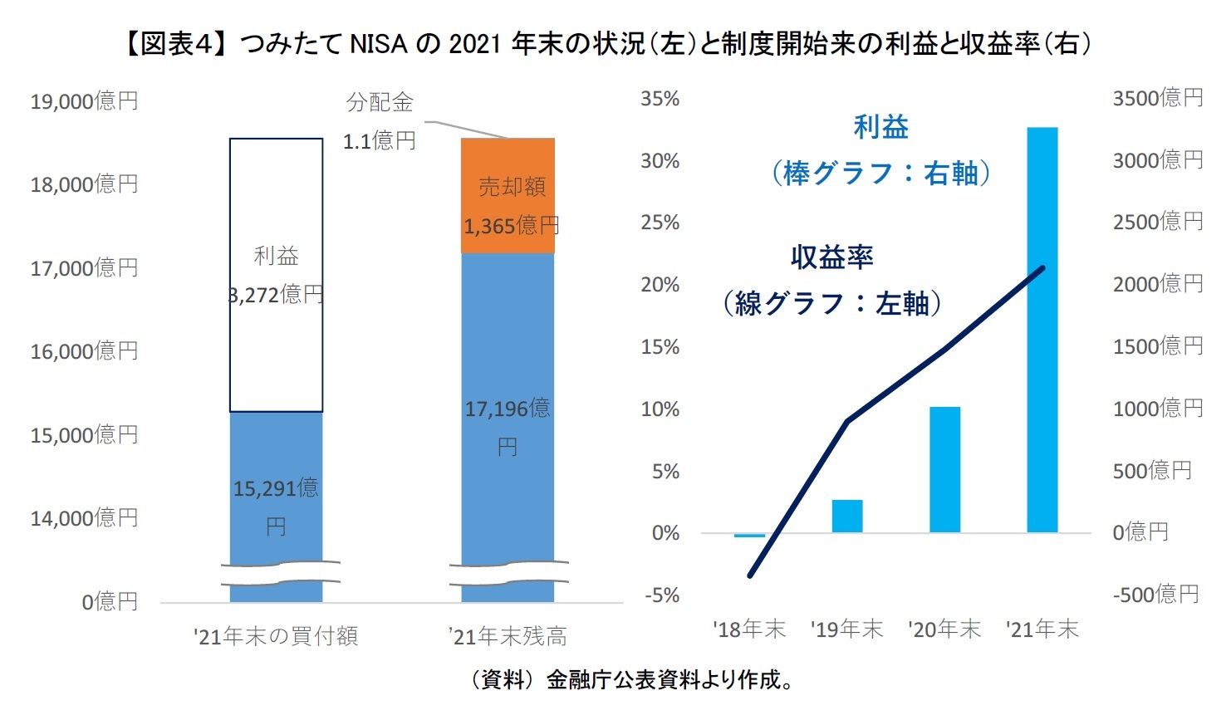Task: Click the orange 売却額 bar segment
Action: click(x=508, y=195)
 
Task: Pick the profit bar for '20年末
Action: click(x=944, y=469)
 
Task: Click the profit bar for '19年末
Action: click(x=846, y=516)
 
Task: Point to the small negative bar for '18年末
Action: click(x=749, y=536)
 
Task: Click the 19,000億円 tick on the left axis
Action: click(x=84, y=101)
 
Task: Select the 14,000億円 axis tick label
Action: click(x=84, y=518)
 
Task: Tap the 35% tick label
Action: click(x=660, y=99)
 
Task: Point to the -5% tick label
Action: click(x=662, y=595)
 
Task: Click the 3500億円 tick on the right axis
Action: click(x=1157, y=98)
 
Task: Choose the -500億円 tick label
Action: click(x=1155, y=595)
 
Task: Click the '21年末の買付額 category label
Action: click(x=276, y=637)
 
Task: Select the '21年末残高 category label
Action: click(x=508, y=637)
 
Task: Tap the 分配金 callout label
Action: click(x=380, y=102)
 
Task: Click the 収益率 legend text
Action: click(x=831, y=257)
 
